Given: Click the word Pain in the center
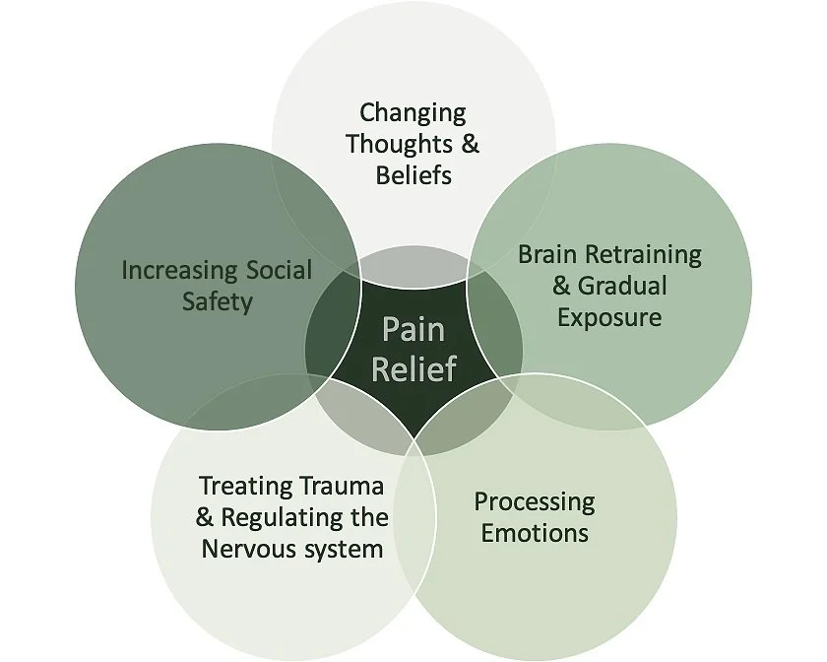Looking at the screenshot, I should pos(413,329).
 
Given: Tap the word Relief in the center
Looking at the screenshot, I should pos(413,368).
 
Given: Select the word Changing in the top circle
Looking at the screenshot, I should pos(413,114).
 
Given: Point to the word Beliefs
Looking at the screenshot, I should pos(413,175).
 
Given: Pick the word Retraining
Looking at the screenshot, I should pos(644,255).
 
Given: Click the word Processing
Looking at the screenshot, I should pos(535,502).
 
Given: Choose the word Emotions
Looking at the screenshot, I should pos(535,534).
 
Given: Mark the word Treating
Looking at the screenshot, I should pos(246,486).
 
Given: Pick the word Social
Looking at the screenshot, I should pos(277,270).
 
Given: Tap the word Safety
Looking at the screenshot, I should pos(217,301).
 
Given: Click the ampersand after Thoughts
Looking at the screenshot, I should pos(470,145).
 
